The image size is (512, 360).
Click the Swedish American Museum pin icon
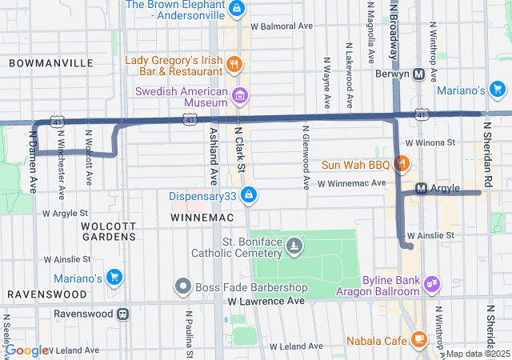tap(238, 97)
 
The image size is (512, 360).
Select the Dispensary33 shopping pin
tap(249, 194)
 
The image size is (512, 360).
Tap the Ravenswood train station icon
tap(122, 314)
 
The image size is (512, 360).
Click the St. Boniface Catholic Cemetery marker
tap(294, 245)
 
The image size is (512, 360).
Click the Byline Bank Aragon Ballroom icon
tap(433, 283)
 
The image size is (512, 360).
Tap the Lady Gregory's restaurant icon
tap(234, 65)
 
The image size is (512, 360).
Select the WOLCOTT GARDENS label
tap(109, 230)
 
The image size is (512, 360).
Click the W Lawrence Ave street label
tap(266, 302)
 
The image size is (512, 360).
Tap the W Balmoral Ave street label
tap(281, 26)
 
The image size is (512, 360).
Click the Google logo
tap(27, 350)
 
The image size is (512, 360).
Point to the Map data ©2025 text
tap(478, 354)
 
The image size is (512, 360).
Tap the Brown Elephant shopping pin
tap(236, 9)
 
